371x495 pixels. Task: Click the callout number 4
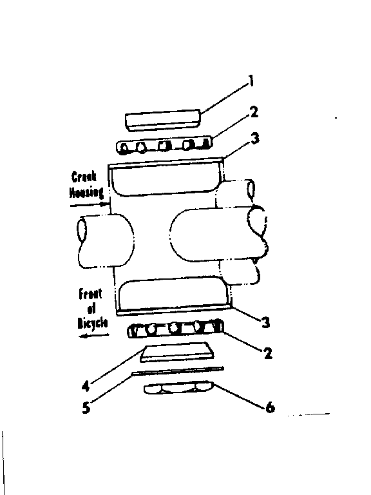(x=86, y=388)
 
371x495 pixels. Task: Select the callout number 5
(x=86, y=407)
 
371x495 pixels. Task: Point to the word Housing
(x=82, y=191)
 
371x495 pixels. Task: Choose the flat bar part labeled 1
(x=162, y=119)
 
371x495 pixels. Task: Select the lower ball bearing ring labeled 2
(x=176, y=328)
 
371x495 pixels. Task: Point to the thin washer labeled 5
(x=178, y=371)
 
